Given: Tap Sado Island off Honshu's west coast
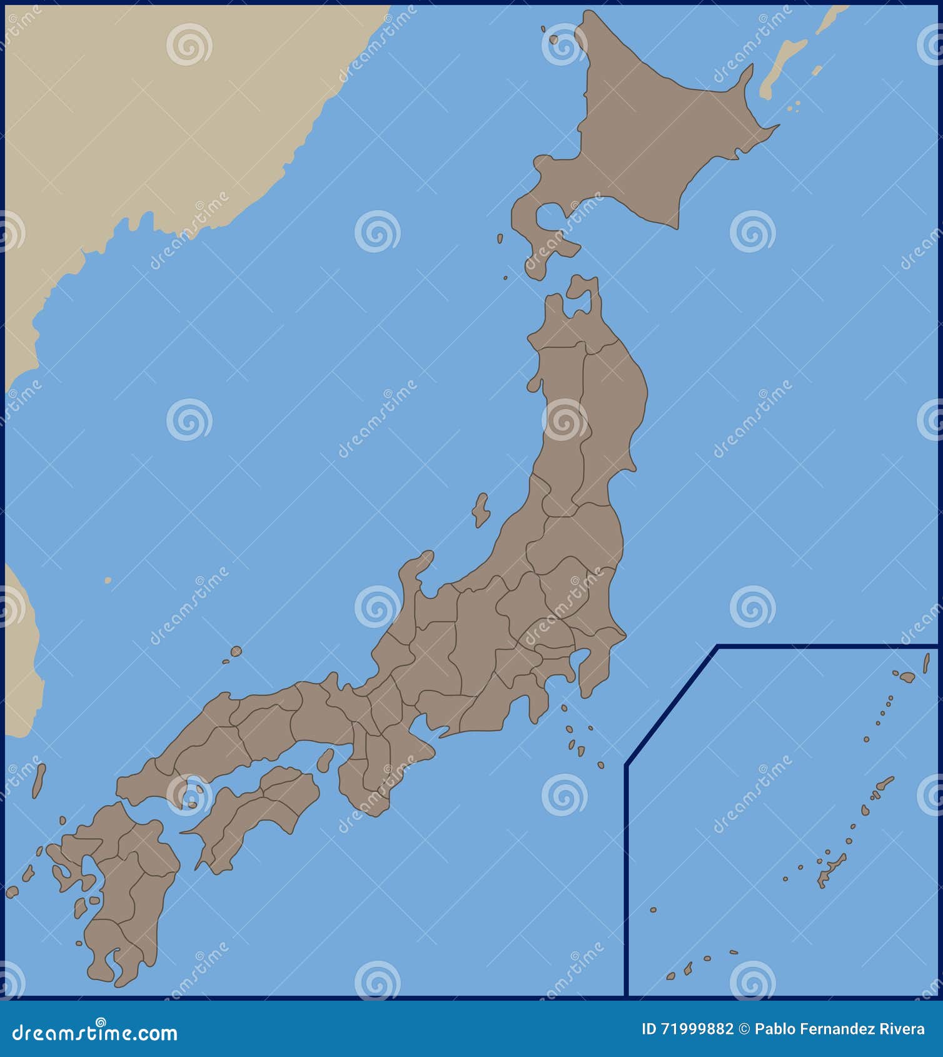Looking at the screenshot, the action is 480,510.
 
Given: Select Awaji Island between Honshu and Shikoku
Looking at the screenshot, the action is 325,761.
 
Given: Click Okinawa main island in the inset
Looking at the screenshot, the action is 832,869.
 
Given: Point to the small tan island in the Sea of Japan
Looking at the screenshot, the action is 108,580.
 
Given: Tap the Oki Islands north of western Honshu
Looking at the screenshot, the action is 235,652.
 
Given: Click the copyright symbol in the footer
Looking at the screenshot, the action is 744,1029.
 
